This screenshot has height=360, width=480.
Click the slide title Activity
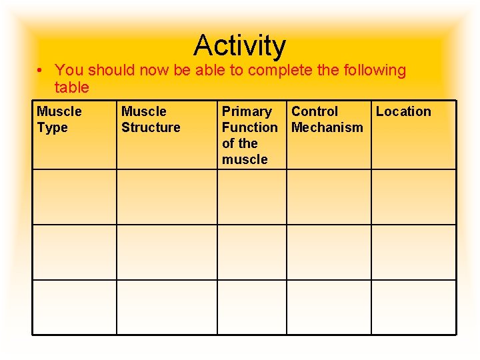239,45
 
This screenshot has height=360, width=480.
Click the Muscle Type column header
59,119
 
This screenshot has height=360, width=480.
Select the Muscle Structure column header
151,119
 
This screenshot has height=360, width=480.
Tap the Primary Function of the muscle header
249,135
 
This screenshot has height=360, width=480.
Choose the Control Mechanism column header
327,119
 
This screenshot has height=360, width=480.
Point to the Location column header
403,111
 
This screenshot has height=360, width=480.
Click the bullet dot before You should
41,71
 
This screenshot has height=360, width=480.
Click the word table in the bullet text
72,87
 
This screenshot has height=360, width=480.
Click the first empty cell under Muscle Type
75,197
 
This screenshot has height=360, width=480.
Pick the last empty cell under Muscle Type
75,307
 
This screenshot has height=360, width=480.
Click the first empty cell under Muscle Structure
167,197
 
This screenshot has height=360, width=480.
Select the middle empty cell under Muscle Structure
167,252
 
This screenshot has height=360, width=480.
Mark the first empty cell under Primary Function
252,197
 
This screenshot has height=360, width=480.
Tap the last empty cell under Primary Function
252,307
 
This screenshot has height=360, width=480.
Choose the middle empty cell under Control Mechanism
329,252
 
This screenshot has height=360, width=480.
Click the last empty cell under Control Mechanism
329,307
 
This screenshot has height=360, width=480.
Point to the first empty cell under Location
413,197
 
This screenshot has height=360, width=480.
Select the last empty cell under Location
413,307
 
